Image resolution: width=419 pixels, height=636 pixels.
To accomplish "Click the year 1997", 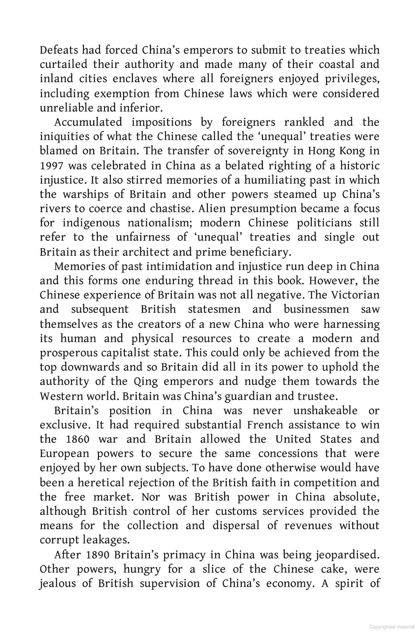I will pyautogui.click(x=51, y=166).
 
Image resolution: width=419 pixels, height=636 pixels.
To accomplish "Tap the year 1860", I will pyautogui.click(x=77, y=439).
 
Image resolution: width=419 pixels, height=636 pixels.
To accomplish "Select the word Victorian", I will pyautogui.click(x=355, y=295).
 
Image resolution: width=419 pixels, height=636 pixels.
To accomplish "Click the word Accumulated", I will pyautogui.click(x=88, y=122).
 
